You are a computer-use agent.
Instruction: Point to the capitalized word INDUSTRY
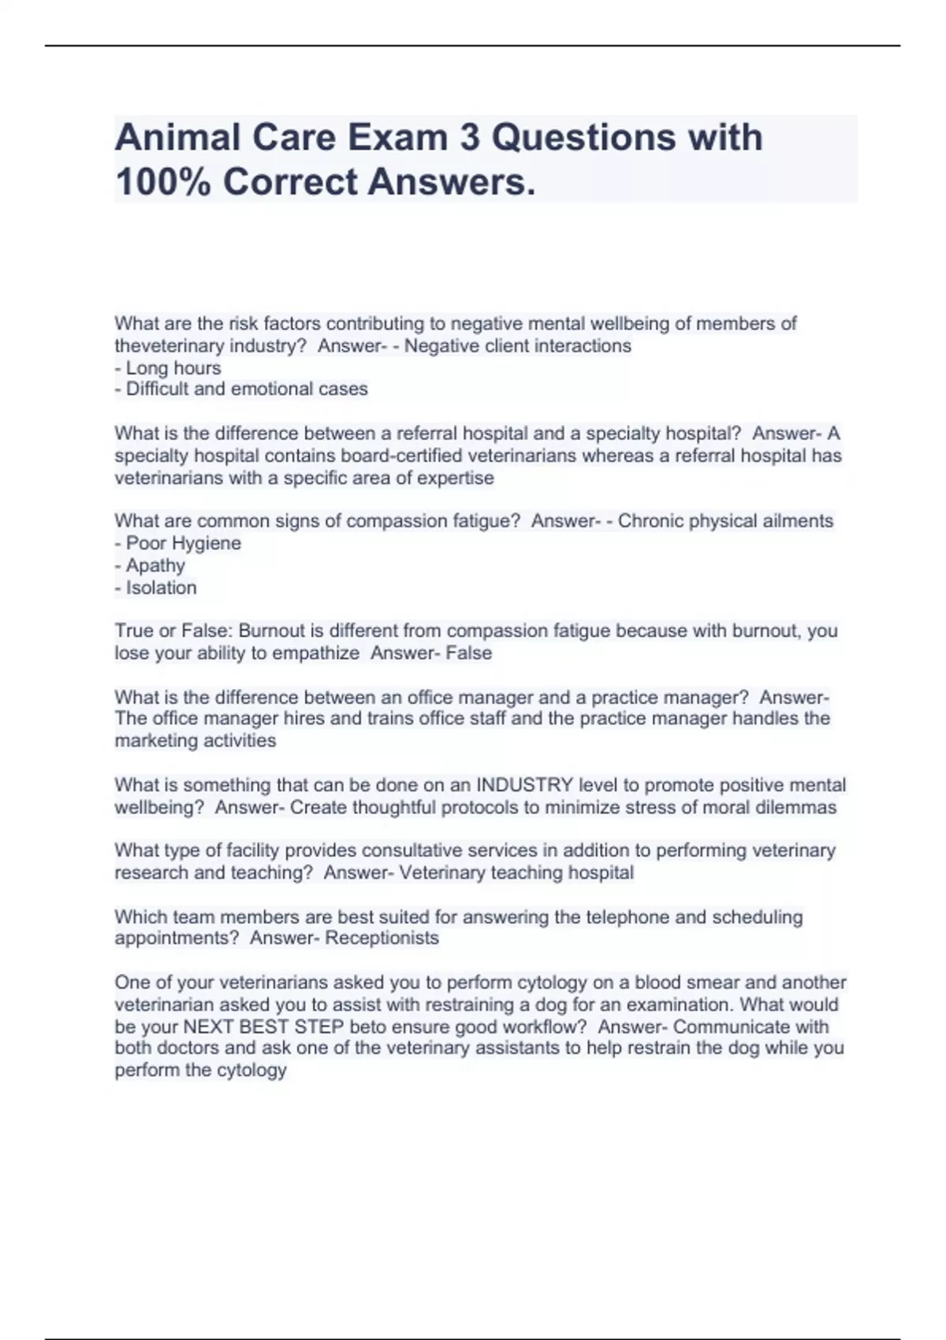point(524,785)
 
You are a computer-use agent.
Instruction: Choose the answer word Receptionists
point(382,938)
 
